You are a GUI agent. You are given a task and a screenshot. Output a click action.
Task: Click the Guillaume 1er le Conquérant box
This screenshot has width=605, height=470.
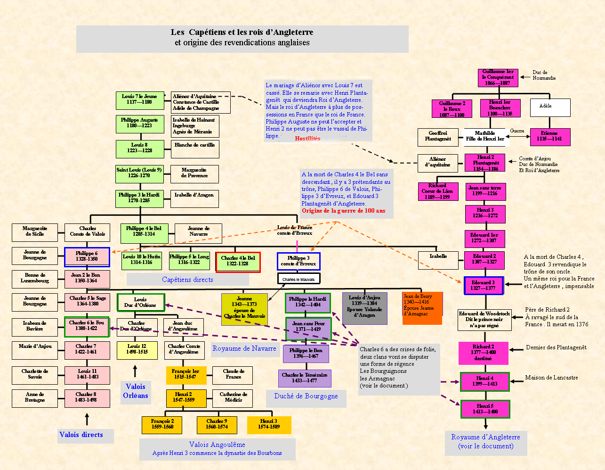click(498, 78)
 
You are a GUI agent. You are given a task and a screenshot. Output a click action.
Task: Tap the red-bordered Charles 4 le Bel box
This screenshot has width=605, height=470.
click(238, 262)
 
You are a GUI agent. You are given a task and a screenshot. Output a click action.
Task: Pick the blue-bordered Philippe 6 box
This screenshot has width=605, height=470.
click(87, 257)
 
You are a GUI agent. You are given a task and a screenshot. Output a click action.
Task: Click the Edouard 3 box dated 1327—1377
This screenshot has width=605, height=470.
click(484, 286)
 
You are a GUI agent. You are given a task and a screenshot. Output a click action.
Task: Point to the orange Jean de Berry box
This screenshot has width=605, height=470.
click(422, 308)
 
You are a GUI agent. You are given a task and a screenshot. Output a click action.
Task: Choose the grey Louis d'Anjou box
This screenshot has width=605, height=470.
click(364, 308)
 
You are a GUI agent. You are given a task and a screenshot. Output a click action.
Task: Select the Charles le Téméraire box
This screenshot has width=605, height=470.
click(305, 378)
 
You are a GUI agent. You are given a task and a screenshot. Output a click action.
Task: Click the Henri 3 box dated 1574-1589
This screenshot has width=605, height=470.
click(269, 424)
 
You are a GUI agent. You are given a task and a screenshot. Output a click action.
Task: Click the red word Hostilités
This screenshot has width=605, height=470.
click(307, 139)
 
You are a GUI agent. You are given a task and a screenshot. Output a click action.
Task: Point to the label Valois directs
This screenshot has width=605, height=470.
click(81, 435)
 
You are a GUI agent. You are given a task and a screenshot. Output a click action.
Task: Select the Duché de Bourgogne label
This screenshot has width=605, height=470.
click(306, 396)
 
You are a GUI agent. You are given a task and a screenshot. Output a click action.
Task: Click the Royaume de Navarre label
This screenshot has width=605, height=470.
click(244, 349)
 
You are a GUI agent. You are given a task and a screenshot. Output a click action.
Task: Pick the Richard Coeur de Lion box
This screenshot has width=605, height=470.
click(438, 191)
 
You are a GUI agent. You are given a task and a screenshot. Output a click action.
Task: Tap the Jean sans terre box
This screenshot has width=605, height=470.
click(485, 190)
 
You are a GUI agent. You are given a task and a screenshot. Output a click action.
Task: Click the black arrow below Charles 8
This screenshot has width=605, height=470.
click(87, 419)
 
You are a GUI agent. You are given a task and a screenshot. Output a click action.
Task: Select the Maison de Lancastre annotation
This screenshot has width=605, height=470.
click(551, 378)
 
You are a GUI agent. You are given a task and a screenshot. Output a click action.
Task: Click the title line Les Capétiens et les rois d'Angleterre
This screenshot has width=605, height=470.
click(242, 33)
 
